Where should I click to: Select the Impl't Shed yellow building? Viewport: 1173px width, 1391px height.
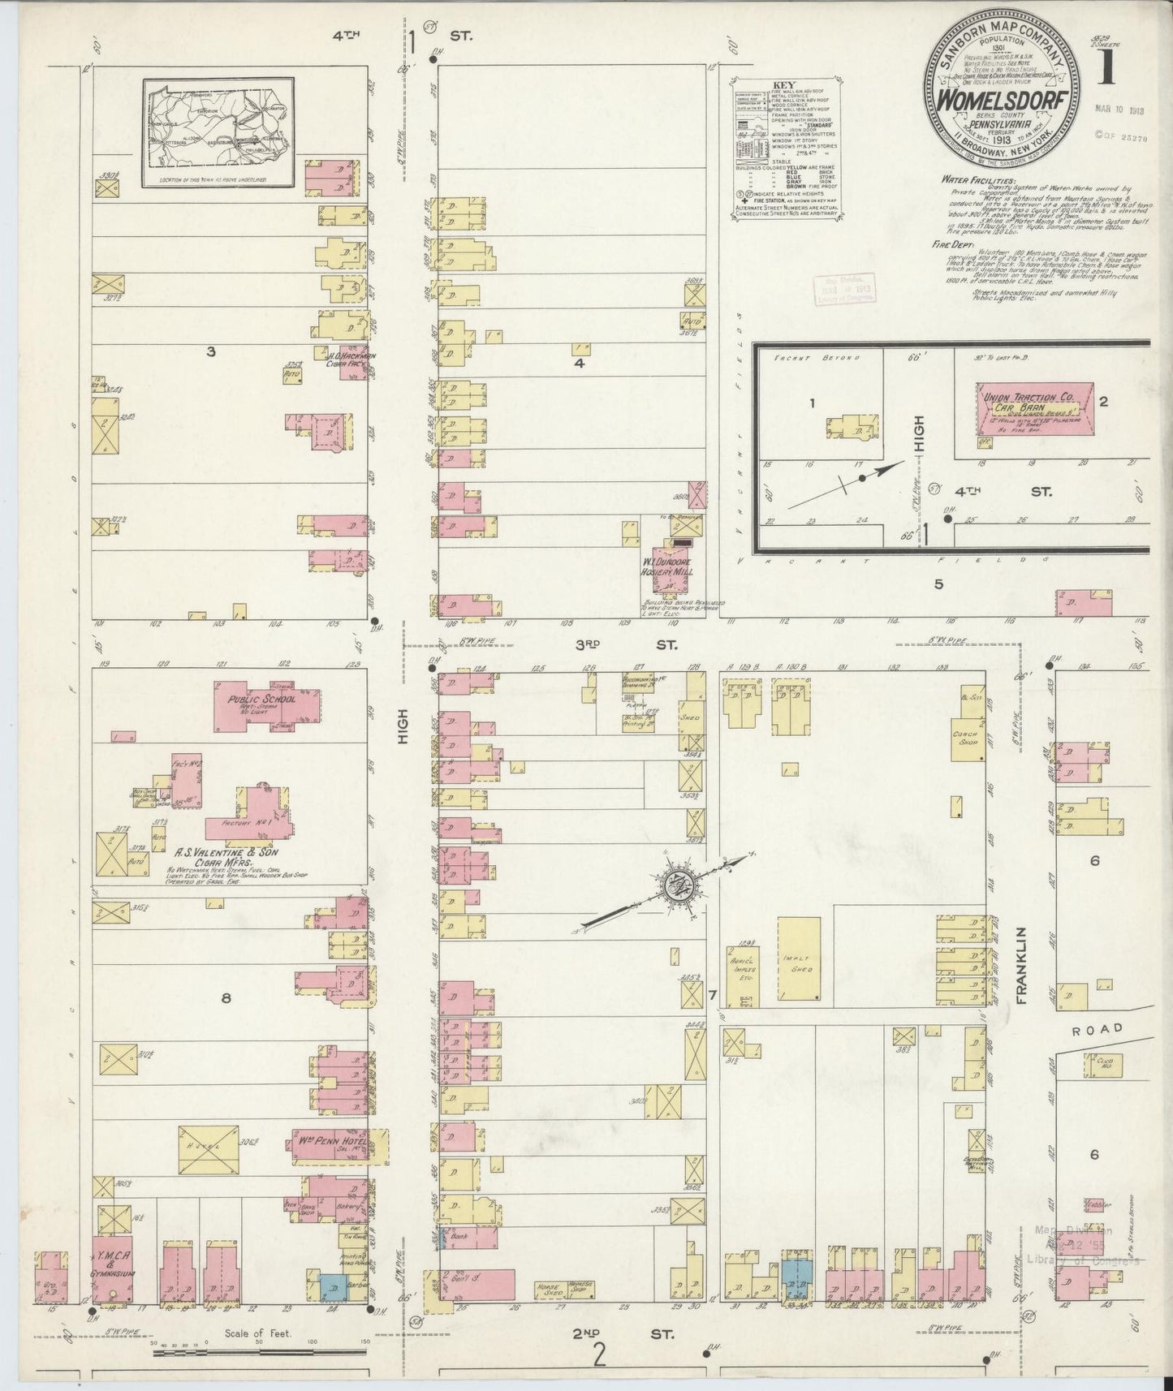799,958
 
